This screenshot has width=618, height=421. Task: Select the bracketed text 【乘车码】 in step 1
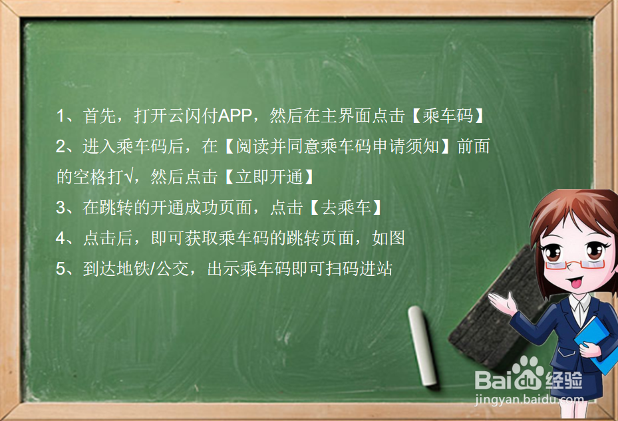(447, 116)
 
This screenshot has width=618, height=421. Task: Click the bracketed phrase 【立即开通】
(267, 178)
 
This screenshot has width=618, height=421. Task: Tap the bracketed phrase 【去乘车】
(346, 208)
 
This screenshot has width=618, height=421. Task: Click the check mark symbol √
(131, 178)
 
